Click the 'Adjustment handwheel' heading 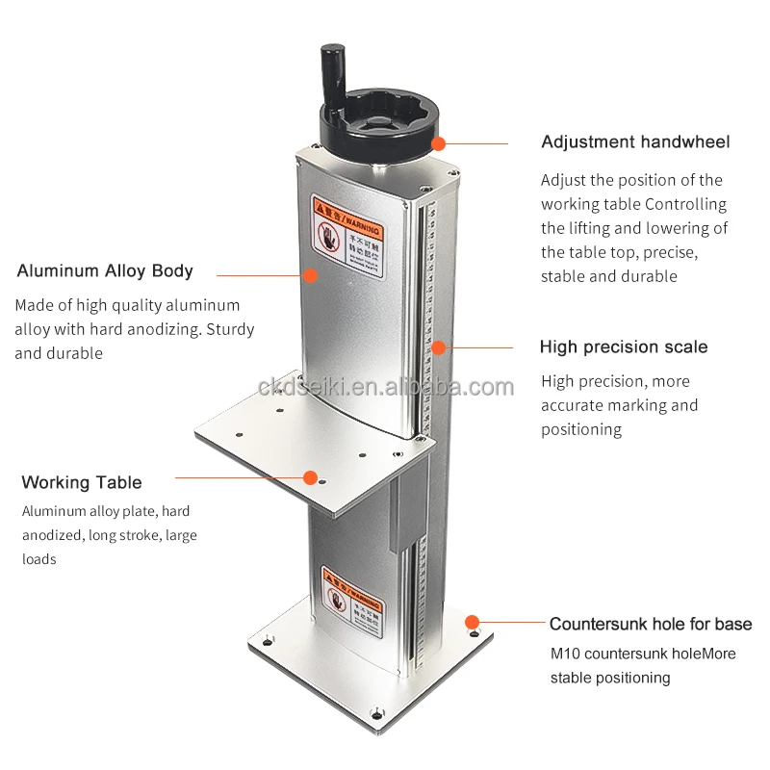[635, 142]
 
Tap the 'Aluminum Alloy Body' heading [105, 271]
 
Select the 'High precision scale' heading [623, 347]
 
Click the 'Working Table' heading [82, 482]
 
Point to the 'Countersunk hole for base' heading [651, 625]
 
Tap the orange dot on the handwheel [439, 144]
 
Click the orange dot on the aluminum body [310, 275]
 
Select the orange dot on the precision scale [439, 347]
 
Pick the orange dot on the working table [310, 476]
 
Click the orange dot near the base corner [472, 623]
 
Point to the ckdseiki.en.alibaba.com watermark [386, 387]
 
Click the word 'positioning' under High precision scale [581, 429]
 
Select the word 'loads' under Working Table [39, 559]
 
